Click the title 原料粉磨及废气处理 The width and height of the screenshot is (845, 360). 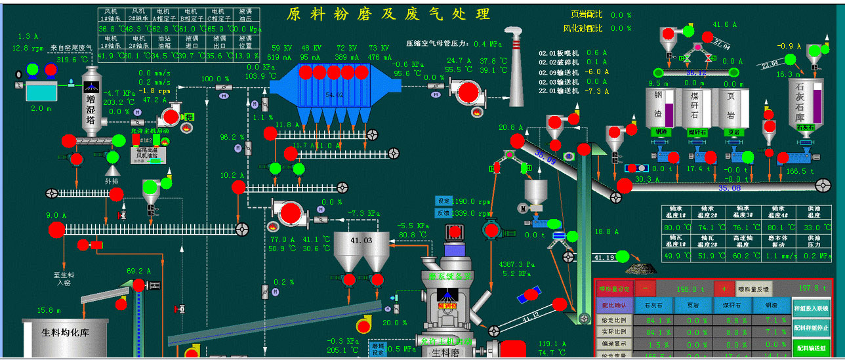[x=388, y=14]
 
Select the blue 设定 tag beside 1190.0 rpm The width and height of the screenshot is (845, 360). [x=443, y=201]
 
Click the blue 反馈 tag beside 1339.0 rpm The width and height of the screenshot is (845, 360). [x=443, y=213]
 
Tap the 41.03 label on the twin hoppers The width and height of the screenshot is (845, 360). [x=360, y=241]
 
